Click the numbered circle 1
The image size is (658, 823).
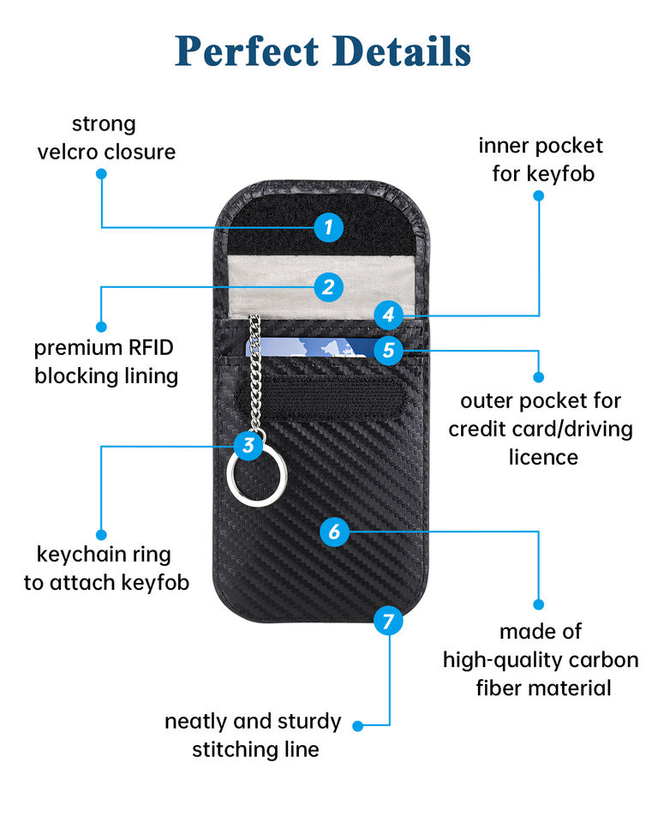(328, 227)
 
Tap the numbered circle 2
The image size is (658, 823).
(328, 286)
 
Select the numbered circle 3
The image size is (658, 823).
(248, 444)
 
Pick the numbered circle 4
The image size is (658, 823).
(388, 314)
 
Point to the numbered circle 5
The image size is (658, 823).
(389, 350)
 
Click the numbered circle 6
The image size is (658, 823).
(334, 532)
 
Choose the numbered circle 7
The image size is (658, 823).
(389, 620)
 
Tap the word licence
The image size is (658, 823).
(543, 456)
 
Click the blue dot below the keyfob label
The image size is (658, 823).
(538, 195)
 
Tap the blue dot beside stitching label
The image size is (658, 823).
(357, 725)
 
